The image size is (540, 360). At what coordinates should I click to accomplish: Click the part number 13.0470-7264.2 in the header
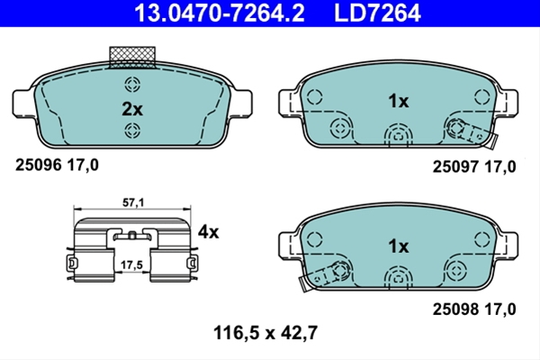tap(220, 13)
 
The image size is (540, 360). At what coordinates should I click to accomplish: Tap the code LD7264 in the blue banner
tap(377, 13)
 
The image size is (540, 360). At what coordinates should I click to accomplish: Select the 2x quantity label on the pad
tap(132, 110)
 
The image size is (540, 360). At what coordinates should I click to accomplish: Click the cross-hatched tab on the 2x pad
tap(132, 58)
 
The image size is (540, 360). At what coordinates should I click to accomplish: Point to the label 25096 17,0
tap(57, 165)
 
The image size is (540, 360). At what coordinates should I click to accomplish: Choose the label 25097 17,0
tap(474, 166)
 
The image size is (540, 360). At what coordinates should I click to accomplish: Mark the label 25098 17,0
tap(474, 309)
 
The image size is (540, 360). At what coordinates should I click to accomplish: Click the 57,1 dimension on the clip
tap(133, 202)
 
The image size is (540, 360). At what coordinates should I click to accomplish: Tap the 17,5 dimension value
tap(131, 265)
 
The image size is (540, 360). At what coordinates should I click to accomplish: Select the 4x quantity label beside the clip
tap(208, 232)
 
